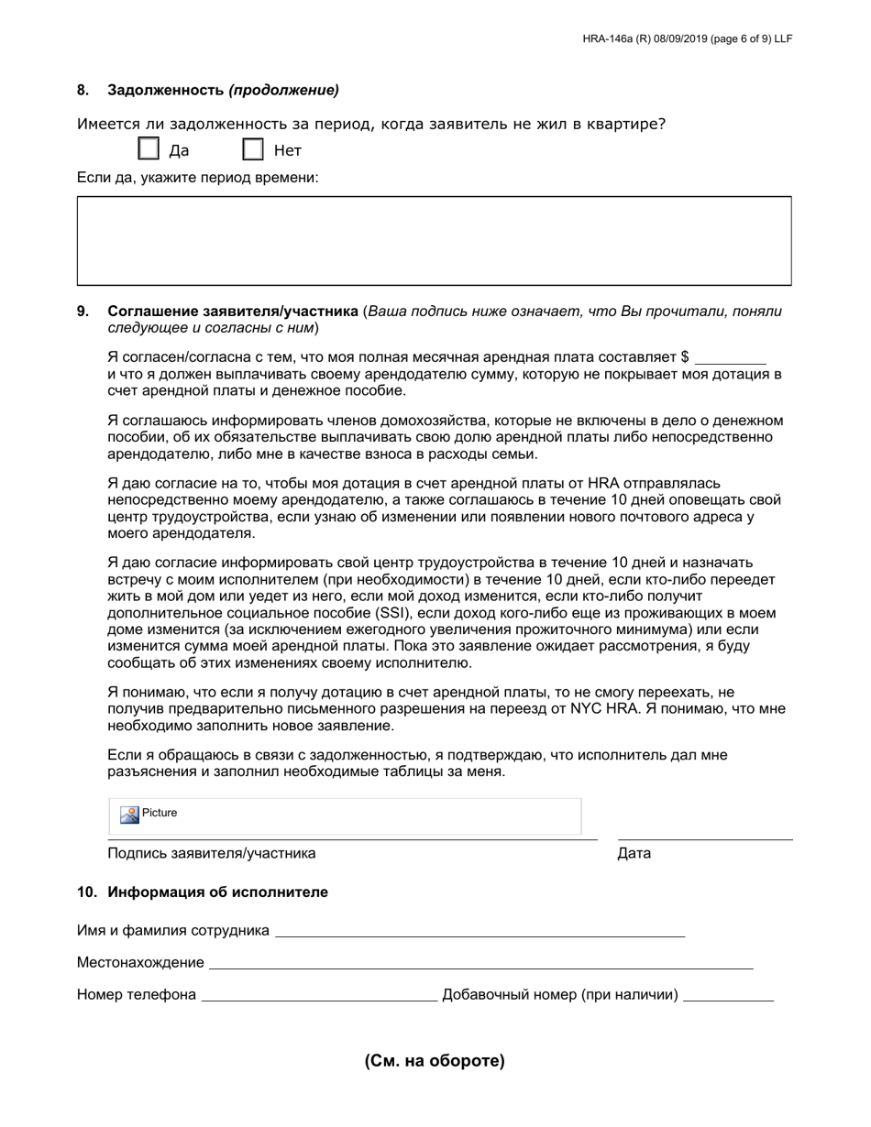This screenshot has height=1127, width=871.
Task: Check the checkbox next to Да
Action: point(149,149)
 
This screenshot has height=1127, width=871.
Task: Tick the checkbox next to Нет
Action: point(253,149)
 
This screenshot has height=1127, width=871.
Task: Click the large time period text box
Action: point(434,240)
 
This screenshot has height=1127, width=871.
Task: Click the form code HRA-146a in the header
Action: point(610,39)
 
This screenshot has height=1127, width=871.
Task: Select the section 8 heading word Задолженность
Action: point(166,90)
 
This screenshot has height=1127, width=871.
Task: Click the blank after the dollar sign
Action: point(731,357)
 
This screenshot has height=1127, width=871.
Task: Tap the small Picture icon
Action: point(130,814)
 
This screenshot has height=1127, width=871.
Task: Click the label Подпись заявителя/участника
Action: point(212,853)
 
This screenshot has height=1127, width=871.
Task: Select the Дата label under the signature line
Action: point(634,853)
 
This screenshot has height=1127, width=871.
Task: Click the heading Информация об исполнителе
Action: point(217,892)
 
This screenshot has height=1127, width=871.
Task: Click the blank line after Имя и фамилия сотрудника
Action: point(480,931)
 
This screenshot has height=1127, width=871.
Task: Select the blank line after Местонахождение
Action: point(480,963)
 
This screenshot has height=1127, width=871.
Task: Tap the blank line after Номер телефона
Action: point(319,996)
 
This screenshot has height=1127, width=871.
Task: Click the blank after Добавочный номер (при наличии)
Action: point(729,996)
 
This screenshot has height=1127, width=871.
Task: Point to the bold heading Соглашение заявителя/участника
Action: point(233,312)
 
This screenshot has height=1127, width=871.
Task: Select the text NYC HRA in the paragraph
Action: point(602,708)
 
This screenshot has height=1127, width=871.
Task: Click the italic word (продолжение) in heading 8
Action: point(283,90)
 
